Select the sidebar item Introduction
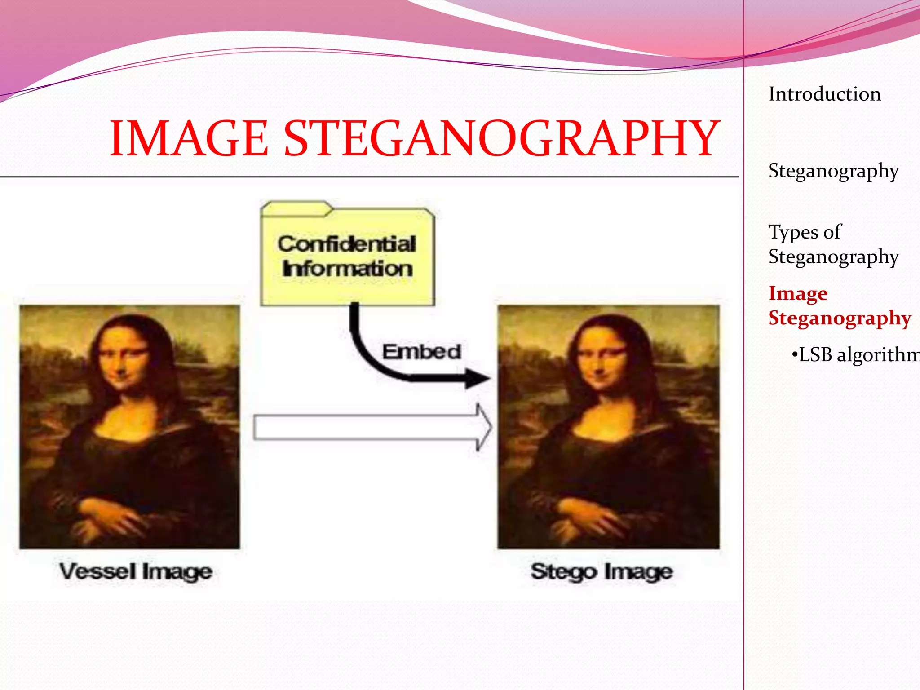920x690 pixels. (824, 94)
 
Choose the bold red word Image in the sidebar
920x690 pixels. (798, 293)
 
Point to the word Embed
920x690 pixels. (421, 352)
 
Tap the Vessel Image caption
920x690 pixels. (136, 572)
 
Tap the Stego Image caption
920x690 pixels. (602, 572)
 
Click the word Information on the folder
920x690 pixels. (347, 269)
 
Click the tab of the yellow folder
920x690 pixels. (296, 209)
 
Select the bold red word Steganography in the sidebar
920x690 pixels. (839, 318)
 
